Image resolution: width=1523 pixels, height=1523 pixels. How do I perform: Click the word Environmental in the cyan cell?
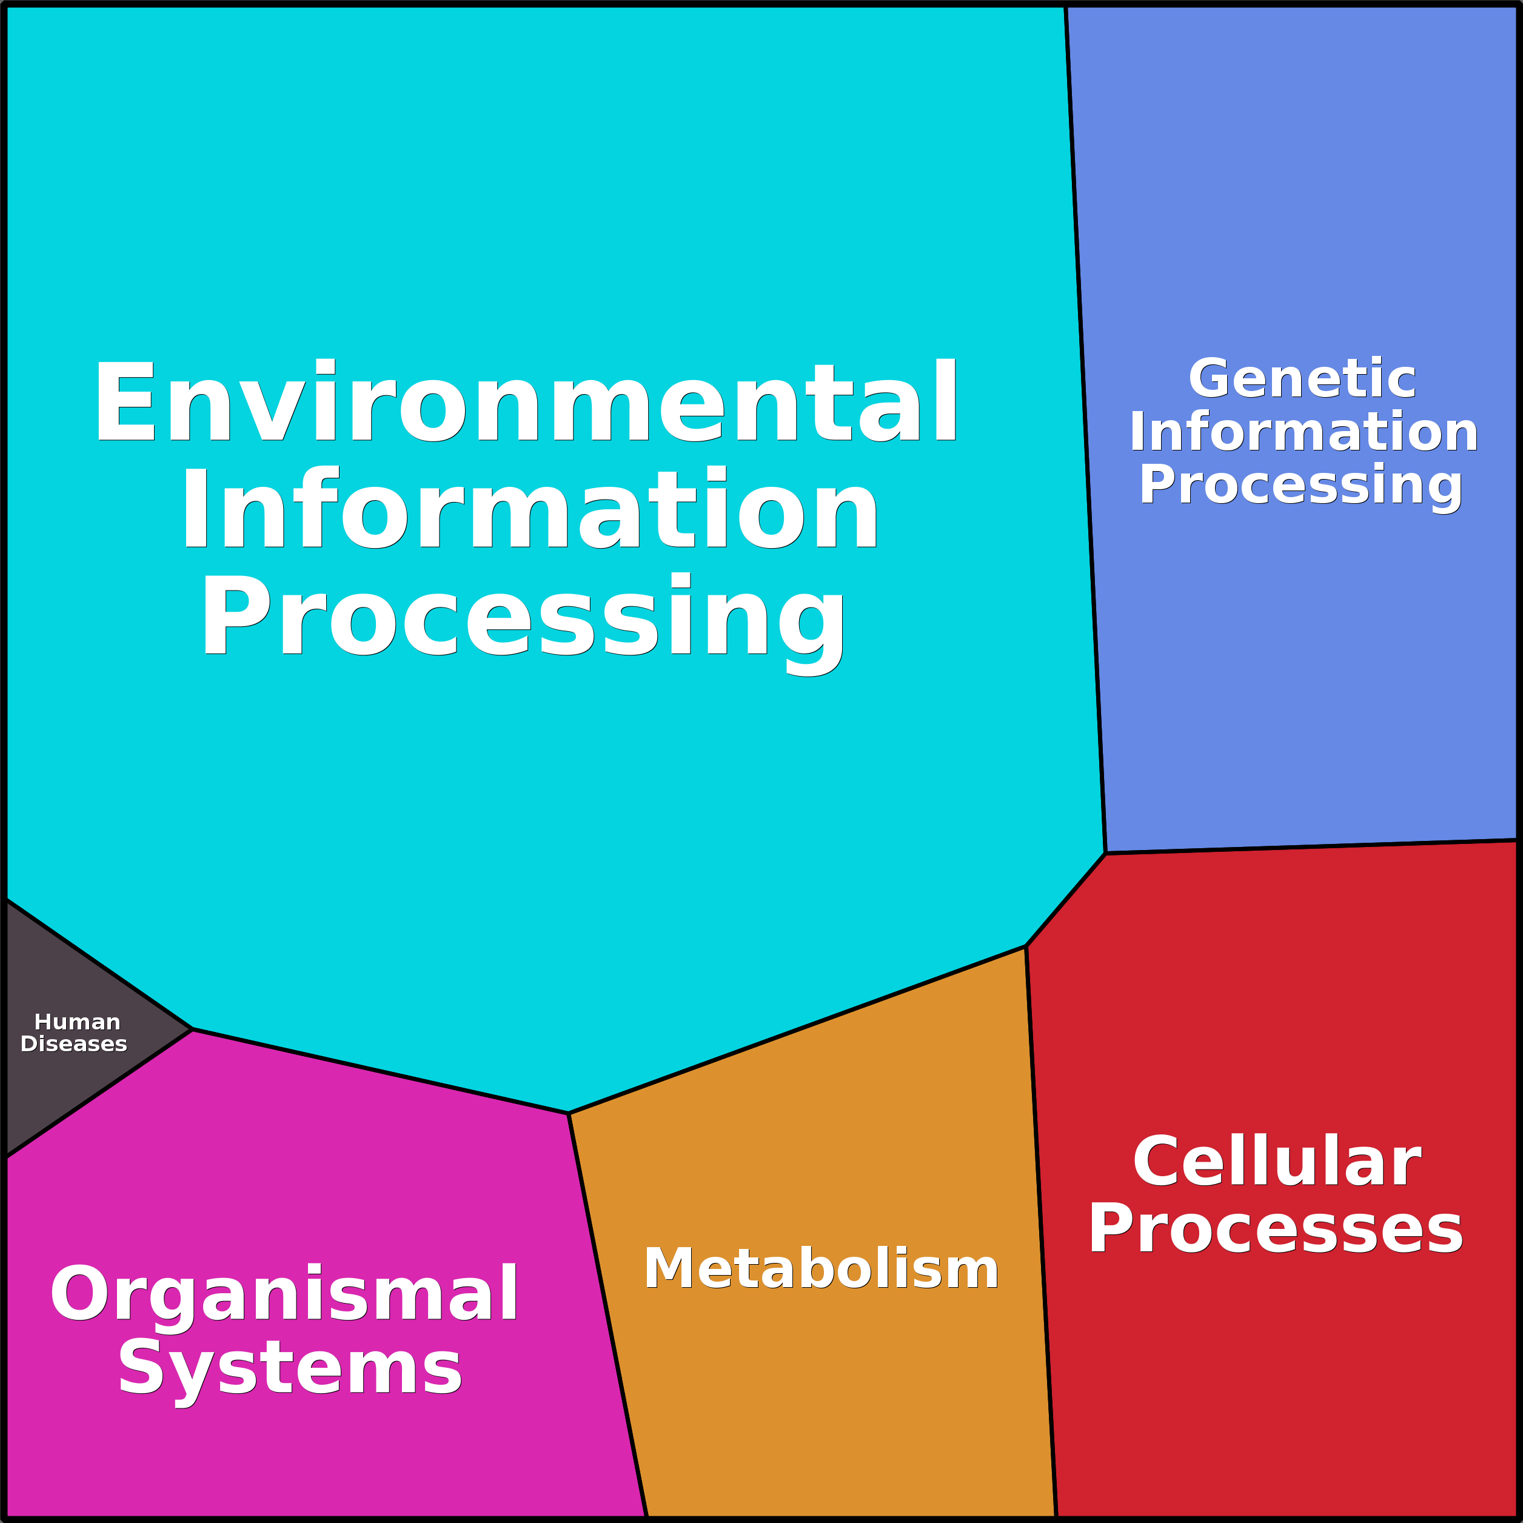click(526, 401)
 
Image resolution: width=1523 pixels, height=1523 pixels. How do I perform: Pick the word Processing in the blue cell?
click(1300, 486)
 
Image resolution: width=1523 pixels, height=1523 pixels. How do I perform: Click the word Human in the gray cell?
click(77, 1022)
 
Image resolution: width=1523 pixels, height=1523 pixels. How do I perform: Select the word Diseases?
click(74, 1045)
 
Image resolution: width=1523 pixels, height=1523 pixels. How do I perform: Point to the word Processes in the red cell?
click(1276, 1229)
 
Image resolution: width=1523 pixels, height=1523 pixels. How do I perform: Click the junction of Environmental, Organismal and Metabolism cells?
click(568, 1114)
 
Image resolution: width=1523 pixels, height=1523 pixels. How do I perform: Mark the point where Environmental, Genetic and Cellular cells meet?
click(1105, 853)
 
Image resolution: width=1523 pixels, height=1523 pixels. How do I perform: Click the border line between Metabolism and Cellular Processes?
click(1040, 1231)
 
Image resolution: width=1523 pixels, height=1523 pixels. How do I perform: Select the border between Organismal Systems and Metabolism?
click(608, 1316)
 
